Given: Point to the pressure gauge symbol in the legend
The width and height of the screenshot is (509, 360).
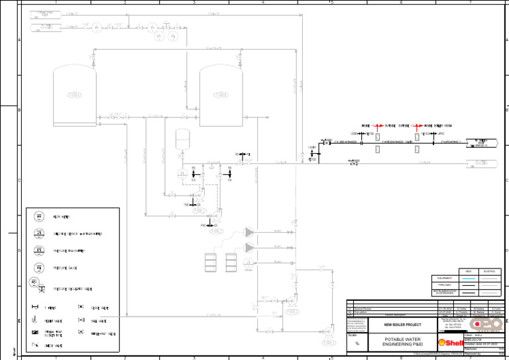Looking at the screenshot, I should click(40, 267).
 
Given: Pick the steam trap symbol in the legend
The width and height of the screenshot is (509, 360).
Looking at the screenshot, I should click(35, 331).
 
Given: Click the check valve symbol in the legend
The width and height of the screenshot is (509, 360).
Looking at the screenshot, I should click(35, 345).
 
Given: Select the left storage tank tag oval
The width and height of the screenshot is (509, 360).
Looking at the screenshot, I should click(75, 94).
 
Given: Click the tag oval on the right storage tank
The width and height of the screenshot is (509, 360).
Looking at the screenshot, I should click(221, 94).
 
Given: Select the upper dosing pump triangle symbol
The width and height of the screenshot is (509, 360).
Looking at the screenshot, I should click(249, 233).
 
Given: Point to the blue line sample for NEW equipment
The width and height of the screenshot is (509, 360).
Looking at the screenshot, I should click(469, 278).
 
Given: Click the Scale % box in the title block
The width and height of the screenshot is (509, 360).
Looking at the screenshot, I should click(357, 339).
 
